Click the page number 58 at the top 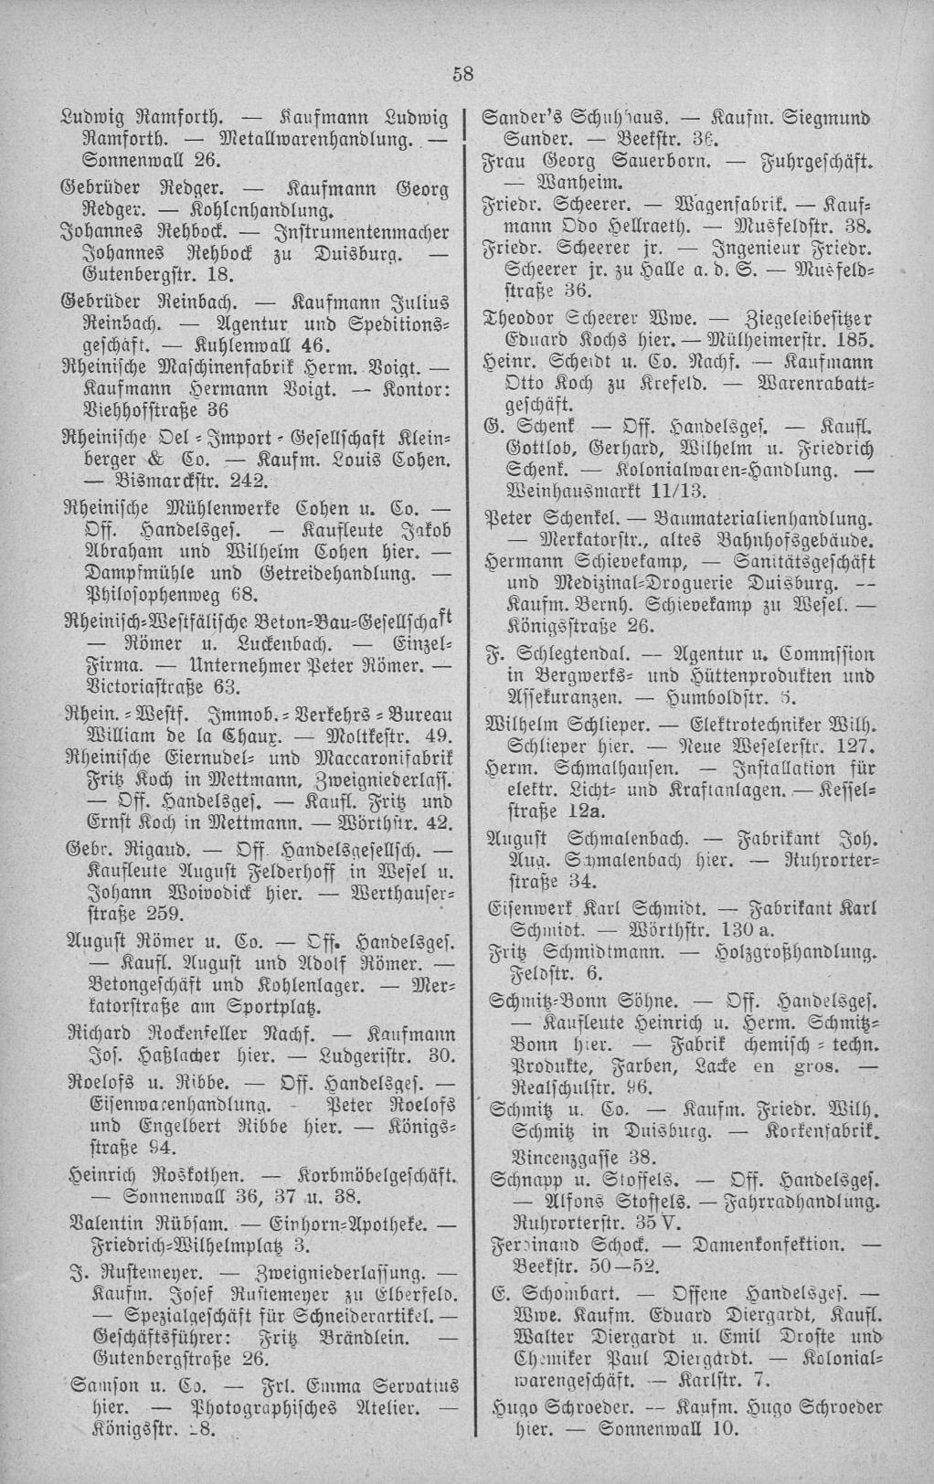[463, 76]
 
